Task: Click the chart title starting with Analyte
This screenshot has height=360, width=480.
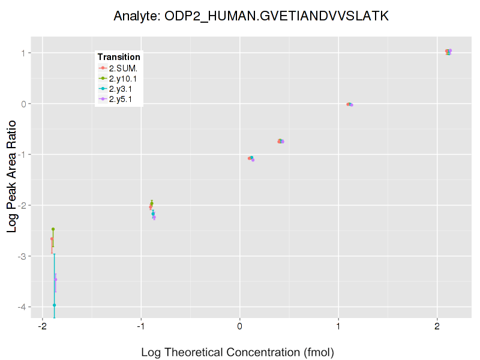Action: click(x=251, y=16)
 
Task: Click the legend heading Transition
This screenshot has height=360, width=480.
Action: click(x=119, y=57)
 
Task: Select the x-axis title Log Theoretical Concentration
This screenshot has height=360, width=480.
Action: click(x=237, y=352)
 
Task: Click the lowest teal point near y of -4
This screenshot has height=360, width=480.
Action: click(x=54, y=305)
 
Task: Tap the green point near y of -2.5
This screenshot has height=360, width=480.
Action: click(x=53, y=229)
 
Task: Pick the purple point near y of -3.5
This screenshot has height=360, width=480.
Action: click(x=56, y=279)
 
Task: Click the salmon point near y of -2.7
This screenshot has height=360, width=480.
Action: click(x=52, y=239)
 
